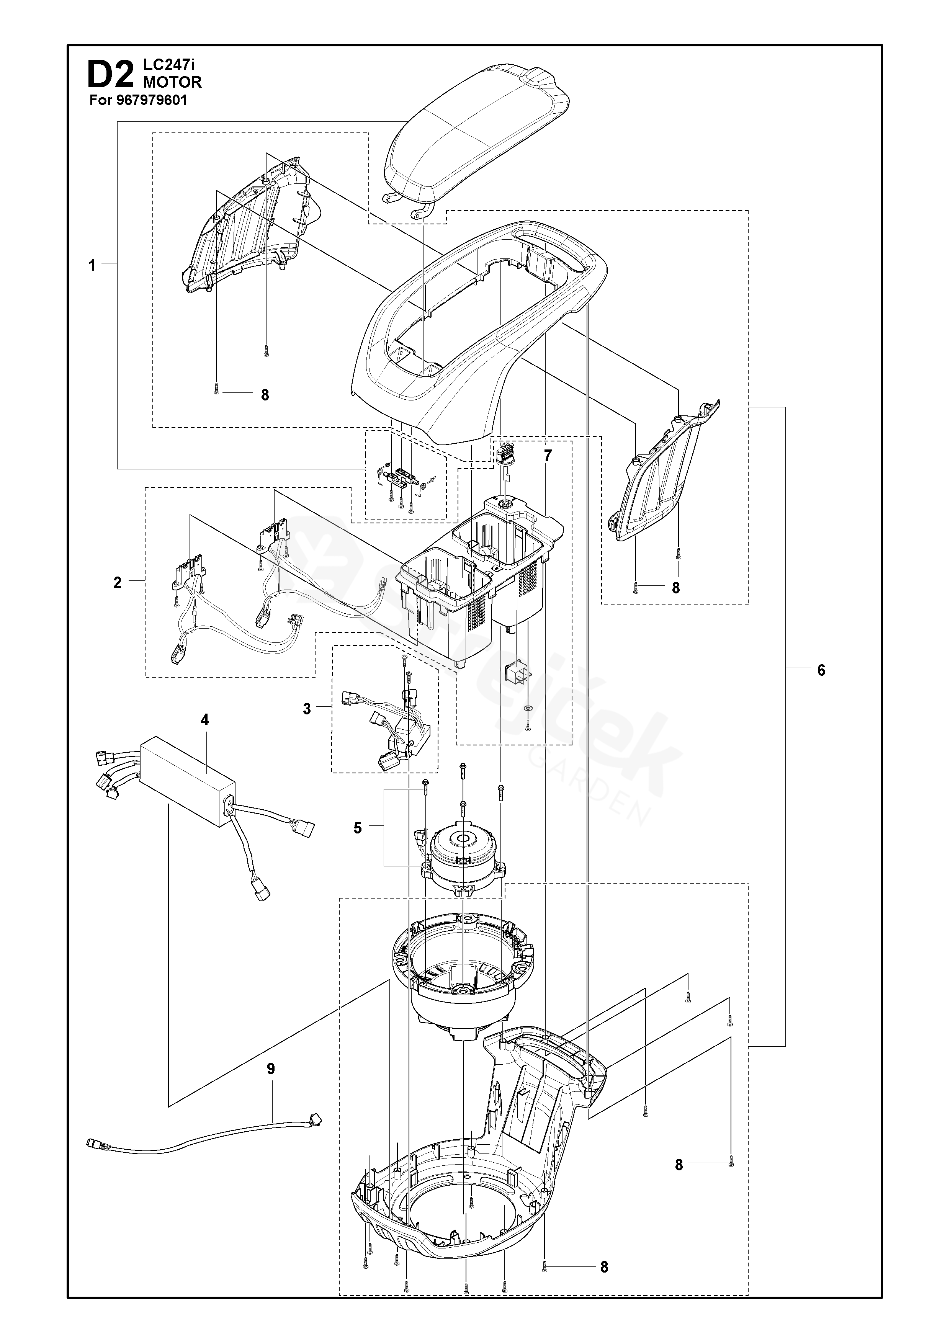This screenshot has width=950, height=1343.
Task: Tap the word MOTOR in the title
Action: (173, 82)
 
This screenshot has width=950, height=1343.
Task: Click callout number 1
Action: (92, 266)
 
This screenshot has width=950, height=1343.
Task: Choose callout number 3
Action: (307, 709)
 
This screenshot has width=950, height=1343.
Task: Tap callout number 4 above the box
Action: (205, 720)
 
